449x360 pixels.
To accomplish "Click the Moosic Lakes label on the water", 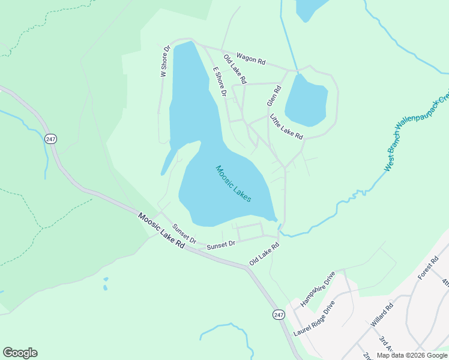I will (x=234, y=184).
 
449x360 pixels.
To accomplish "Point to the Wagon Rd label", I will (x=251, y=58).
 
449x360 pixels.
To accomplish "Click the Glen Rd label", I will (x=274, y=95).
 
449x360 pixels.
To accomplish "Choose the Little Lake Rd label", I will (x=286, y=127).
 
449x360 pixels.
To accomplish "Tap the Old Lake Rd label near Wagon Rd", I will (x=235, y=68).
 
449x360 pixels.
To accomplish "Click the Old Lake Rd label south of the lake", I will (x=265, y=254).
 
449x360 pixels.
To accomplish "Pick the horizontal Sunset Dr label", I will (x=220, y=245).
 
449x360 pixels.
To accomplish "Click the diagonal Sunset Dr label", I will (x=184, y=233).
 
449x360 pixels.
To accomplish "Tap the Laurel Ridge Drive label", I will (x=313, y=318).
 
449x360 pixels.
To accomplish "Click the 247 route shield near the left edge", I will (x=50, y=139).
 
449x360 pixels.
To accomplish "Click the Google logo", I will (x=20, y=353).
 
